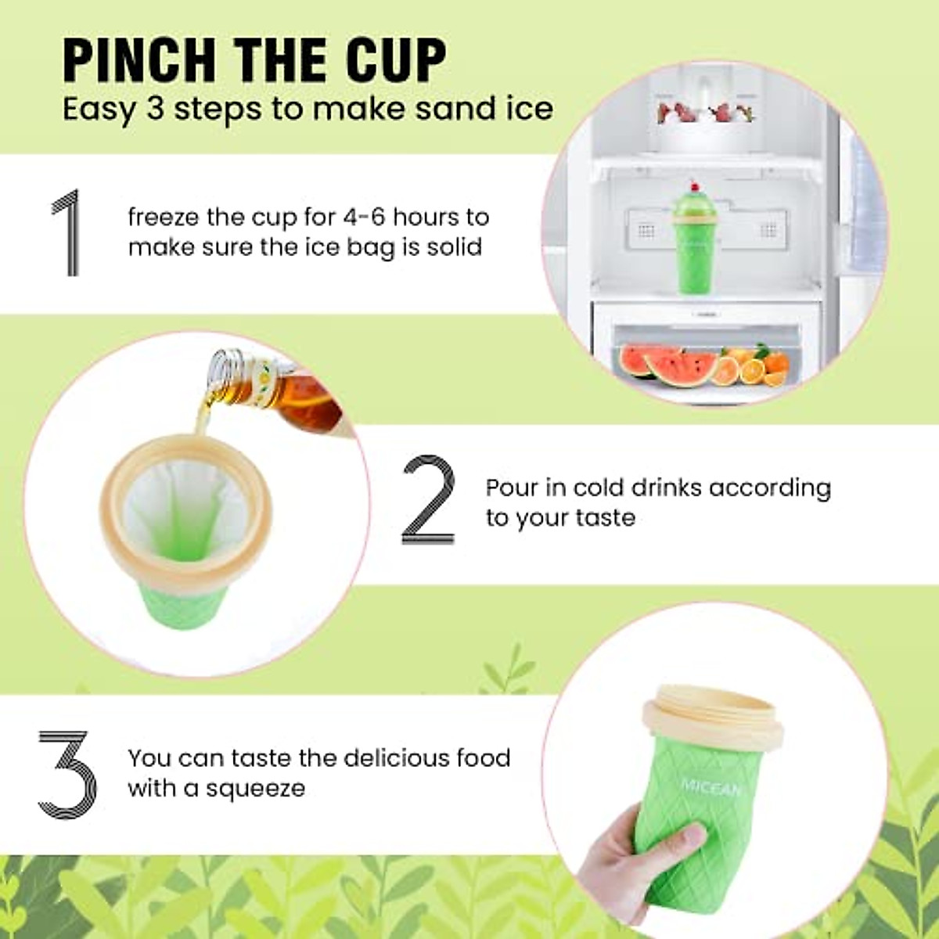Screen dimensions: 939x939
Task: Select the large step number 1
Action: [x=67, y=232]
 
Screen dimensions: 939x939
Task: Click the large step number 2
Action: [x=428, y=501]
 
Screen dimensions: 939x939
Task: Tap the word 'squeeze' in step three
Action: [x=254, y=788]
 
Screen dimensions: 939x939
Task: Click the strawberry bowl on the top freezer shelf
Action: [x=704, y=125]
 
